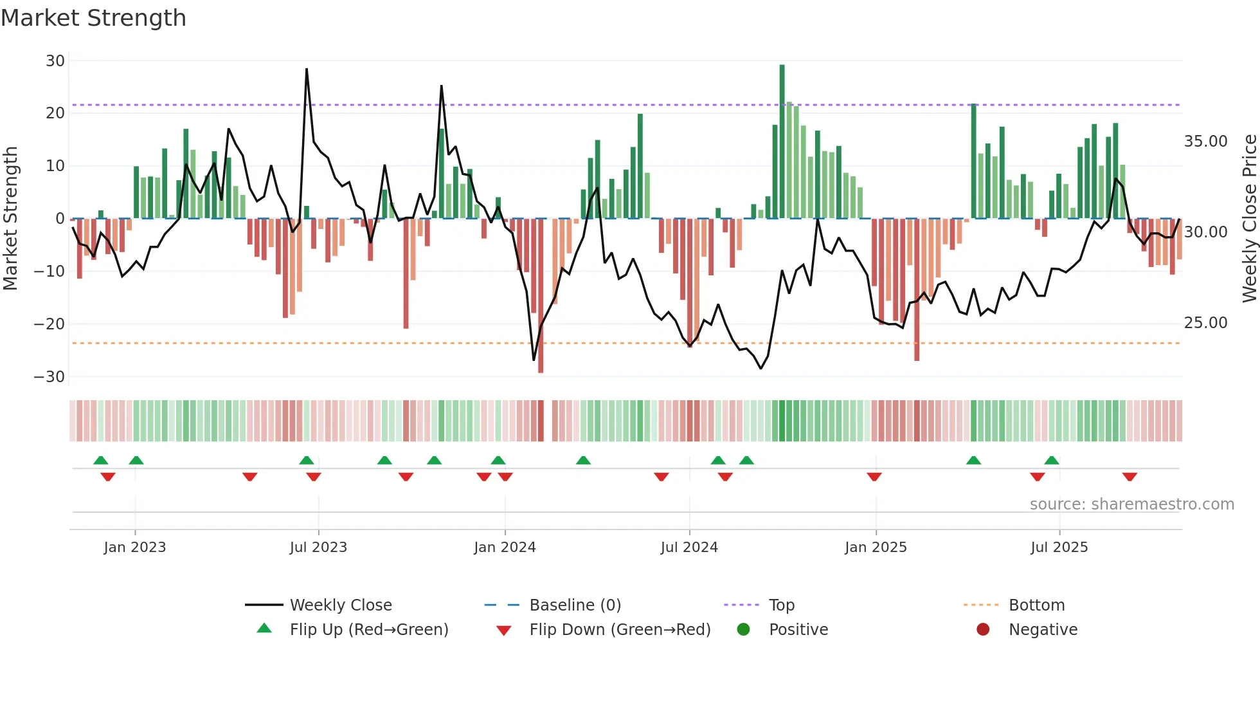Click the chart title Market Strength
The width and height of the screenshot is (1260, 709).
93,18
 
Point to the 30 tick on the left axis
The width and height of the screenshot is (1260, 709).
55,61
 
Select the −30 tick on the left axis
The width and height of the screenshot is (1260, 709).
50,377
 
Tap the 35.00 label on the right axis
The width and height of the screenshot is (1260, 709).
1205,142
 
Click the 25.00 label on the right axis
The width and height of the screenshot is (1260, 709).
1205,323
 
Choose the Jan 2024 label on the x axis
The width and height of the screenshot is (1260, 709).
505,548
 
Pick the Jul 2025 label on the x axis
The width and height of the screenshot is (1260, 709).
1059,548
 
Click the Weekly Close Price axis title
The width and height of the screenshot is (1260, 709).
1249,219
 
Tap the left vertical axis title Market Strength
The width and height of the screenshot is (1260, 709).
11,219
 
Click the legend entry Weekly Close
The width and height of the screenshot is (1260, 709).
340,605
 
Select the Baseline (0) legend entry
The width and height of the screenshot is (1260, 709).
575,605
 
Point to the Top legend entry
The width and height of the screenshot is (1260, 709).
781,605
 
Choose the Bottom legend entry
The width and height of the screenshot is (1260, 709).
1036,605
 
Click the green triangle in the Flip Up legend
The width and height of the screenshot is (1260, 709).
264,629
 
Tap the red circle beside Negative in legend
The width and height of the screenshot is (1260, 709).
983,629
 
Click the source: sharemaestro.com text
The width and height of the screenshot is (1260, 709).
1131,504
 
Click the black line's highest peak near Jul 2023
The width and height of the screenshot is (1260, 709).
307,69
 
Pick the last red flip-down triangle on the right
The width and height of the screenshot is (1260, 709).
1129,477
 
